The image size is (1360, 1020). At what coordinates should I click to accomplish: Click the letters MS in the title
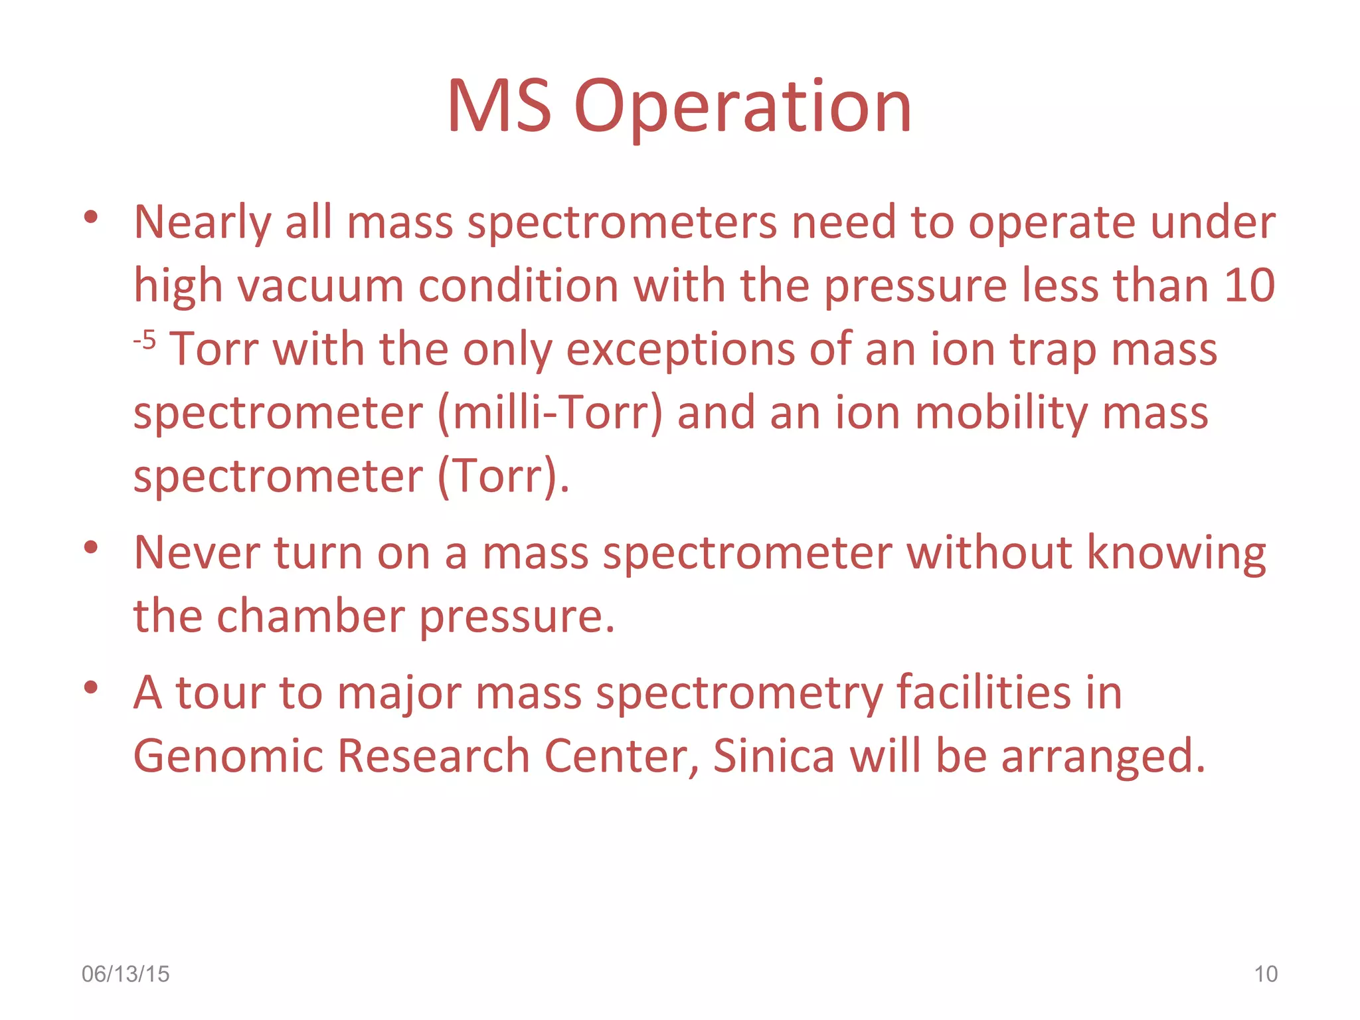tap(499, 108)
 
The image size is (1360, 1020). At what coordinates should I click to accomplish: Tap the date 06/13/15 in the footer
tap(126, 974)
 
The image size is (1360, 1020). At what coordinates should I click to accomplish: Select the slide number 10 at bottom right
tap(1265, 974)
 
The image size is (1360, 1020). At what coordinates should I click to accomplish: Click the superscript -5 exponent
tap(144, 341)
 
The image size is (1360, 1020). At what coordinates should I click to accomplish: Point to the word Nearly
tap(202, 223)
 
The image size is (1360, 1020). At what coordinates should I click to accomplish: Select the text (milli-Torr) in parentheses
tap(550, 414)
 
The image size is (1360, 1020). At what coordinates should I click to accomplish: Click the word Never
tap(196, 553)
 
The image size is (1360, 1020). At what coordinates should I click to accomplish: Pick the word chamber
tap(311, 616)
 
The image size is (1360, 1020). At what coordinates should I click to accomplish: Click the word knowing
tap(1176, 553)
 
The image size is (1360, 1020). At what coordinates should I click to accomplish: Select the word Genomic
tap(228, 756)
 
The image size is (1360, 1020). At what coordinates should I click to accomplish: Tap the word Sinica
tap(774, 756)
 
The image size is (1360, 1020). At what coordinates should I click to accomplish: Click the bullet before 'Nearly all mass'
tap(91, 216)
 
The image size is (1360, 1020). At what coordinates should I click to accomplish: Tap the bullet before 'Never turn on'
tap(91, 547)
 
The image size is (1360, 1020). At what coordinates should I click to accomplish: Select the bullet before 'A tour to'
tap(91, 687)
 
